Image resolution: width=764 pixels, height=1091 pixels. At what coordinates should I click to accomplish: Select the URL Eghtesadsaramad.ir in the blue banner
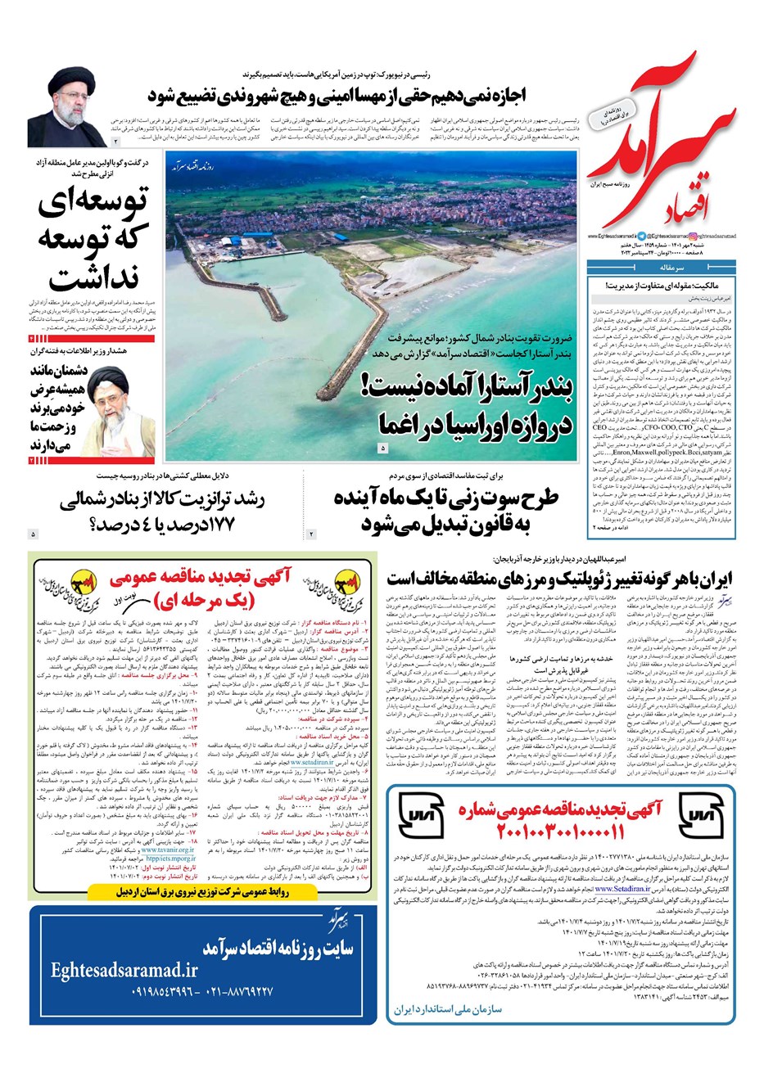pyautogui.click(x=123, y=970)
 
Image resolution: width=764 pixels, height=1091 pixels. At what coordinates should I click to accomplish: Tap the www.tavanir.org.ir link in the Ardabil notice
pyautogui.click(x=168, y=850)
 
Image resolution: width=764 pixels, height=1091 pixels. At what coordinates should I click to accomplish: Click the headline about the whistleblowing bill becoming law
pyautogui.click(x=445, y=511)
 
